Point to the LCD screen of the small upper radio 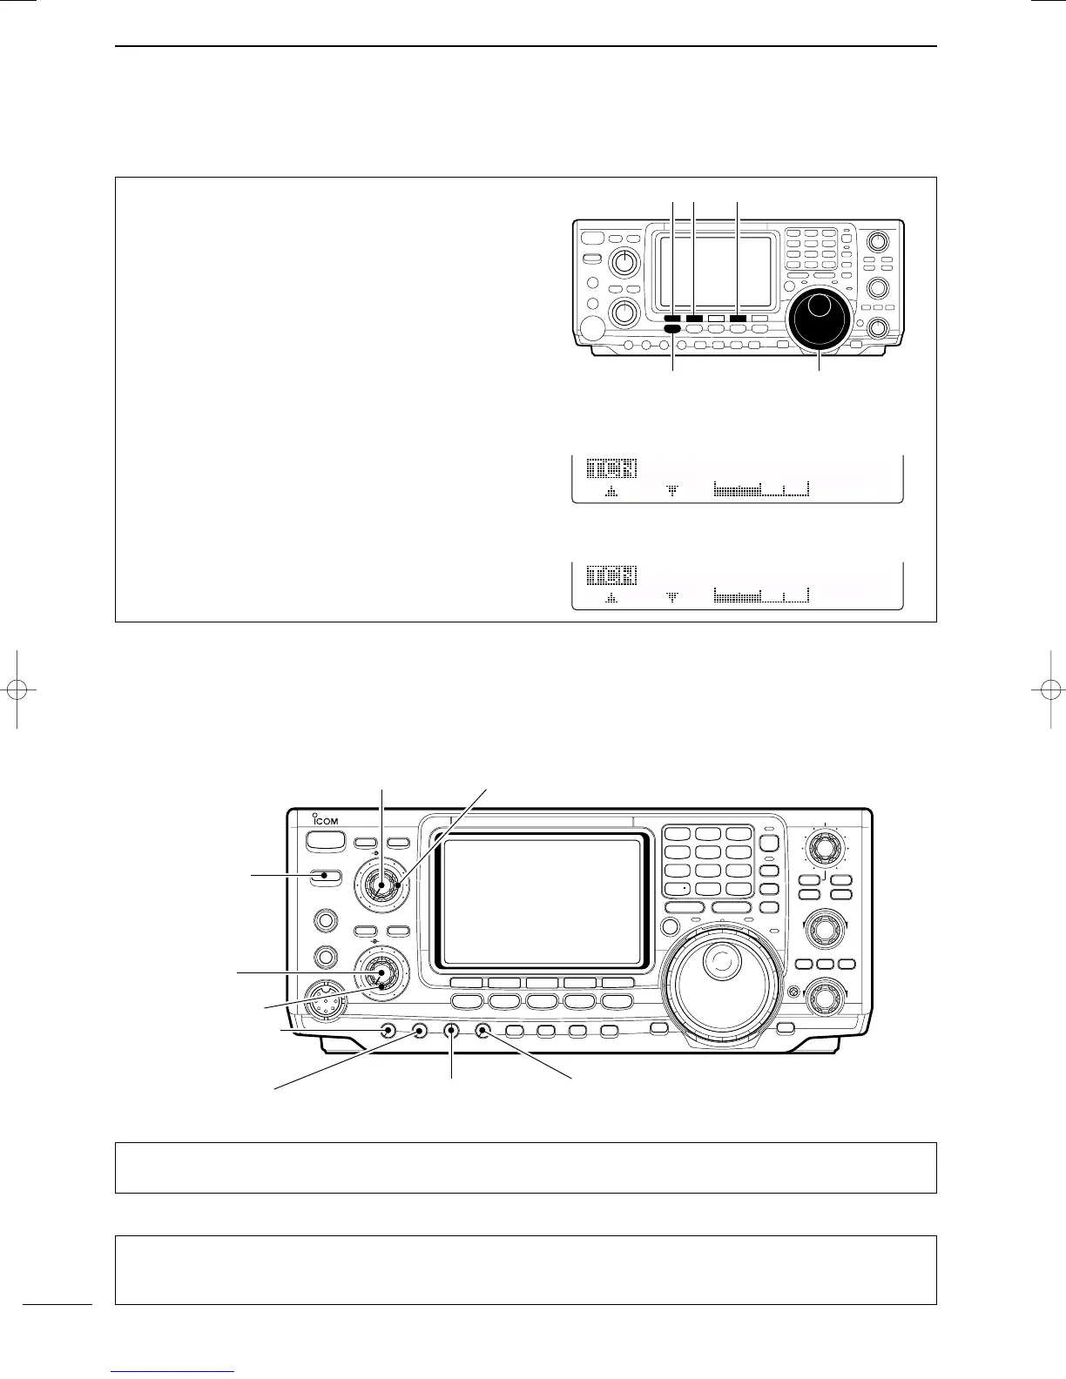tap(715, 272)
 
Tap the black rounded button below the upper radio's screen tap(671, 329)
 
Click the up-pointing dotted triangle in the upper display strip tap(611, 492)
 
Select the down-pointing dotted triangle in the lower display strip tap(671, 598)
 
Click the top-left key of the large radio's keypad tap(677, 834)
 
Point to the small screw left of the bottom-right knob tap(791, 992)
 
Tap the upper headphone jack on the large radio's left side tap(326, 919)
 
